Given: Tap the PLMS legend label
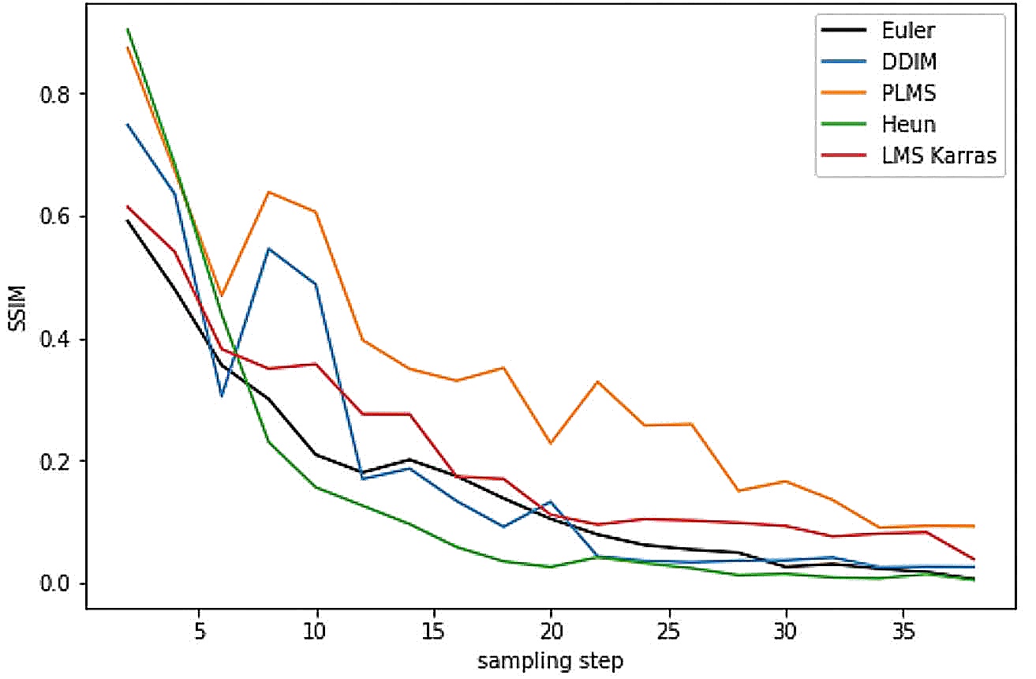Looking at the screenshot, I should point(902,93).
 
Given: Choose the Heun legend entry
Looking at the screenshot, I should point(903,124).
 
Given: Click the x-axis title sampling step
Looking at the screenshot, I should point(550,661).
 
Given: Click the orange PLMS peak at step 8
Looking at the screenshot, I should point(269,192).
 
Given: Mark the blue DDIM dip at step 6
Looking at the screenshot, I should point(222,396).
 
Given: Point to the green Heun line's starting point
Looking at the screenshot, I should point(128,29).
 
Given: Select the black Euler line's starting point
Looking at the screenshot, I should point(128,221).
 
